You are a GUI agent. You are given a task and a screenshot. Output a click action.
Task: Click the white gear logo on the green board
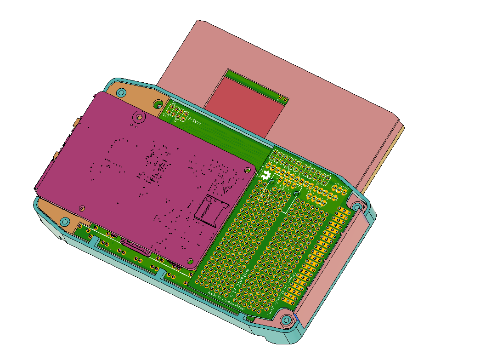[x=265, y=175]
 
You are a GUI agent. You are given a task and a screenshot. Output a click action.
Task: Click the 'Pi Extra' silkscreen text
[x=196, y=121]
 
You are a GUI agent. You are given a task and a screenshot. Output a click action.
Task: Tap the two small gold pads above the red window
[x=283, y=99]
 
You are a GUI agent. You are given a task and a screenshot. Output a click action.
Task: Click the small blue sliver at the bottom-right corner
[x=297, y=318]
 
